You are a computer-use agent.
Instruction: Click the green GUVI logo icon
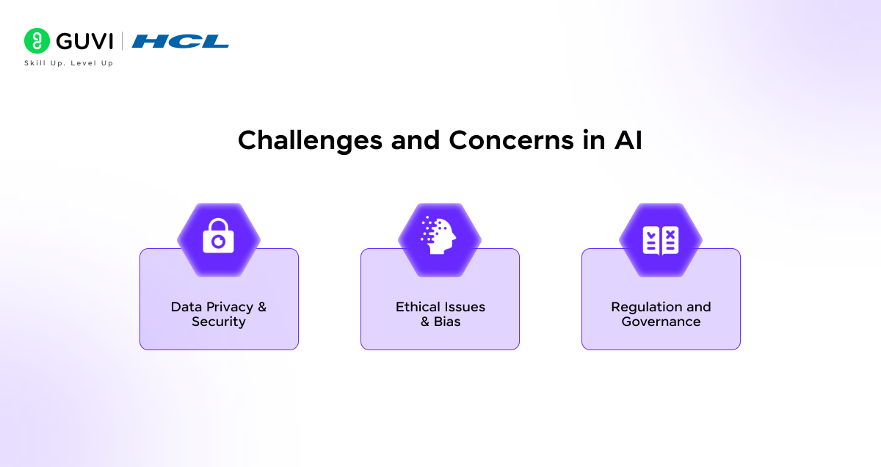pyautogui.click(x=37, y=41)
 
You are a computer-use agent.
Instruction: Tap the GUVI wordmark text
pyautogui.click(x=84, y=41)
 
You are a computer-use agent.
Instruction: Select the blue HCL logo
pyautogui.click(x=181, y=41)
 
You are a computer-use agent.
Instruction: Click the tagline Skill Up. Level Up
pyautogui.click(x=68, y=63)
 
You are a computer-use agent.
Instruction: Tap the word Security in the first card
pyautogui.click(x=219, y=322)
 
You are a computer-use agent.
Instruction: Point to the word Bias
pyautogui.click(x=447, y=322)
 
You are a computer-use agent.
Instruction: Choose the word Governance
pyautogui.click(x=661, y=322)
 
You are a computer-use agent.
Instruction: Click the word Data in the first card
pyautogui.click(x=186, y=307)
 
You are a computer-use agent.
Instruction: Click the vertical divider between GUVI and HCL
pyautogui.click(x=122, y=41)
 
